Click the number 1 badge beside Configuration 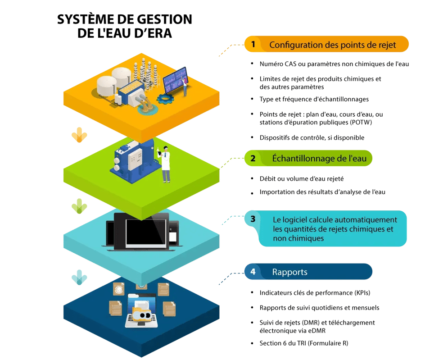(253, 44)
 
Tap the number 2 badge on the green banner (253, 159)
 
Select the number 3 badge (253, 219)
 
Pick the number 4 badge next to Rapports (253, 272)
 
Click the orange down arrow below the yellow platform (80, 135)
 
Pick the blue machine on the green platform (132, 159)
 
